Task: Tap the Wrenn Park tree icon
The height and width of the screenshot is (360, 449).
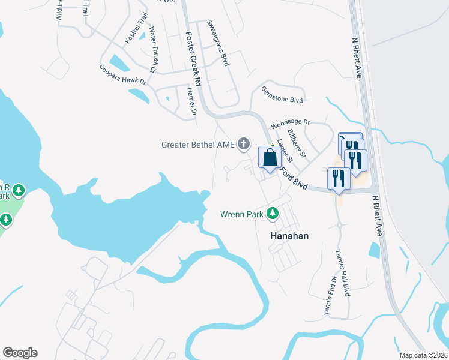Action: pyautogui.click(x=273, y=213)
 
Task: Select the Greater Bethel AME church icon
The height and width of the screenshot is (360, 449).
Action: pyautogui.click(x=243, y=143)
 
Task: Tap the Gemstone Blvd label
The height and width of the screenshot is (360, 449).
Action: pyautogui.click(x=282, y=94)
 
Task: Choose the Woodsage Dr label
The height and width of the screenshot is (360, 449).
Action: pyautogui.click(x=290, y=124)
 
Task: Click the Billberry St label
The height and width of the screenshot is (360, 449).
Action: pyautogui.click(x=297, y=144)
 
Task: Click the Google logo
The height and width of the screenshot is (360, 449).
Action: pyautogui.click(x=20, y=353)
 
